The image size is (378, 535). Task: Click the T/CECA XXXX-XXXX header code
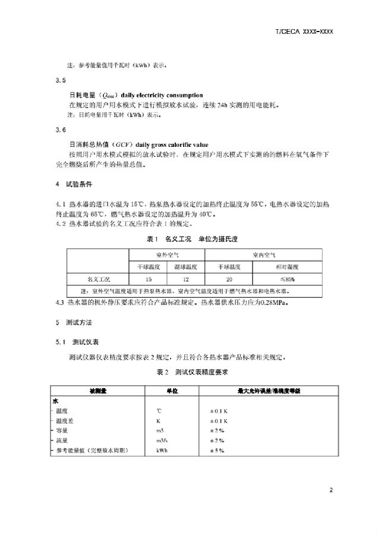tap(304, 30)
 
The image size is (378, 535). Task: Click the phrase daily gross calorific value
tap(171, 144)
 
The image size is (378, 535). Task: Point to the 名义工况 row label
tap(98, 278)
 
